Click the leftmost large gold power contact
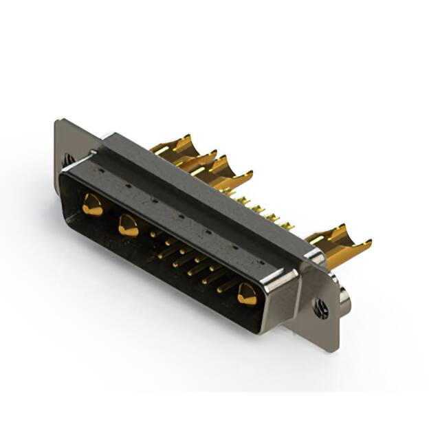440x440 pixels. click(x=91, y=205)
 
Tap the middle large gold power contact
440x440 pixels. click(x=128, y=225)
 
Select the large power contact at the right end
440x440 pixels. click(x=246, y=295)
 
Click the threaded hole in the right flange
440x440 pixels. click(x=320, y=309)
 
